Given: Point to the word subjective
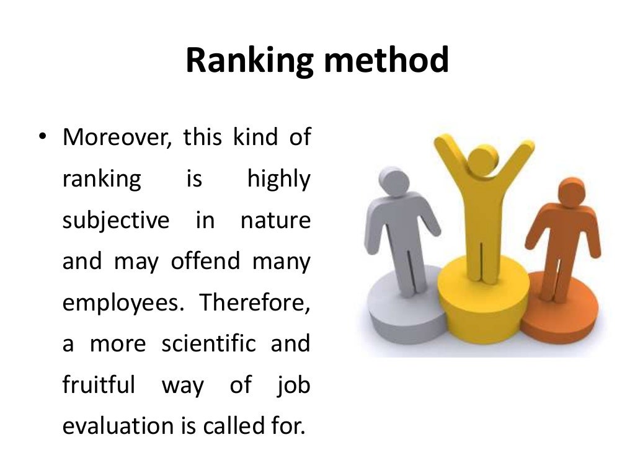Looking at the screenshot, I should coord(116,221).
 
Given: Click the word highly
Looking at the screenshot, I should coord(278,180).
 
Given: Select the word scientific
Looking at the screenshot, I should coord(208,343).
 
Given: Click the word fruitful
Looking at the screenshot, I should coord(99,385).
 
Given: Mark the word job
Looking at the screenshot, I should coord(294,386).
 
